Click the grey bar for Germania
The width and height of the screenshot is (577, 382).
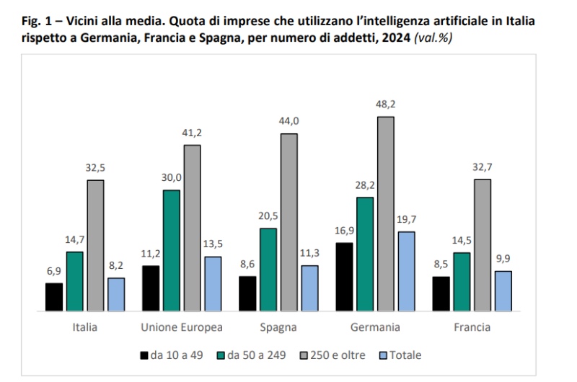pyautogui.click(x=386, y=213)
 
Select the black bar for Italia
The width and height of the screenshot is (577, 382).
pyautogui.click(x=54, y=296)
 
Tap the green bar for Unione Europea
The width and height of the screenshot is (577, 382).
pyautogui.click(x=172, y=250)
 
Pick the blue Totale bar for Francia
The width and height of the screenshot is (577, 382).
pyautogui.click(x=503, y=290)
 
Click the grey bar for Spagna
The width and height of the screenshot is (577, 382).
pyautogui.click(x=289, y=222)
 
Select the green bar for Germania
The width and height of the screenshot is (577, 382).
pyautogui.click(x=365, y=254)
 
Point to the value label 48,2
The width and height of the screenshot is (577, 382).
pyautogui.click(x=387, y=105)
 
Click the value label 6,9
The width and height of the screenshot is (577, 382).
pyautogui.click(x=54, y=272)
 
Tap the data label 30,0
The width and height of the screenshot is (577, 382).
pyautogui.click(x=172, y=178)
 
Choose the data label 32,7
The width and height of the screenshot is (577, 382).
pyautogui.click(x=483, y=167)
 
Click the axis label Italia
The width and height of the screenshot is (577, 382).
pyautogui.click(x=85, y=327)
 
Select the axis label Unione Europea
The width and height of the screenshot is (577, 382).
pyautogui.click(x=182, y=327)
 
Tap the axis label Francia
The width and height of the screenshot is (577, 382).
pyautogui.click(x=472, y=327)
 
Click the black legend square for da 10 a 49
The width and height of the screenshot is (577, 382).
pyautogui.click(x=144, y=355)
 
